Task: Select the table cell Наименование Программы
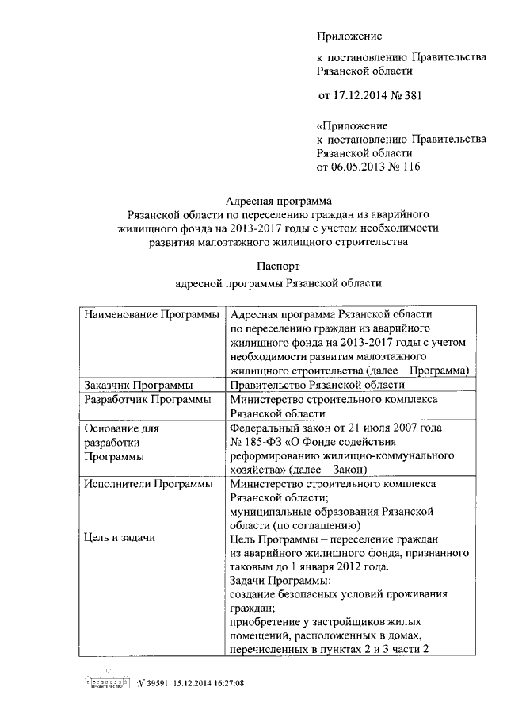(x=151, y=316)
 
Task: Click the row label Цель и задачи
(x=119, y=539)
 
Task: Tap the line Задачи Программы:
(x=274, y=581)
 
